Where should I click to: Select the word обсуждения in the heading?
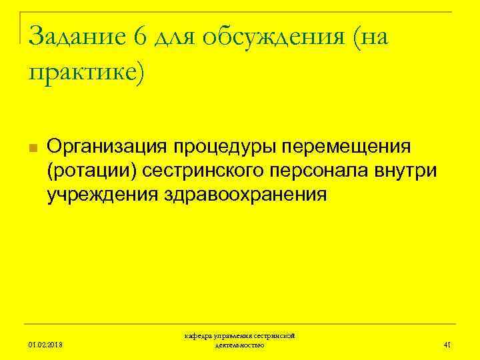[273, 38]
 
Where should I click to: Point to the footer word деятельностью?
[240, 345]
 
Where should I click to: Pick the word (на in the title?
[371, 38]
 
